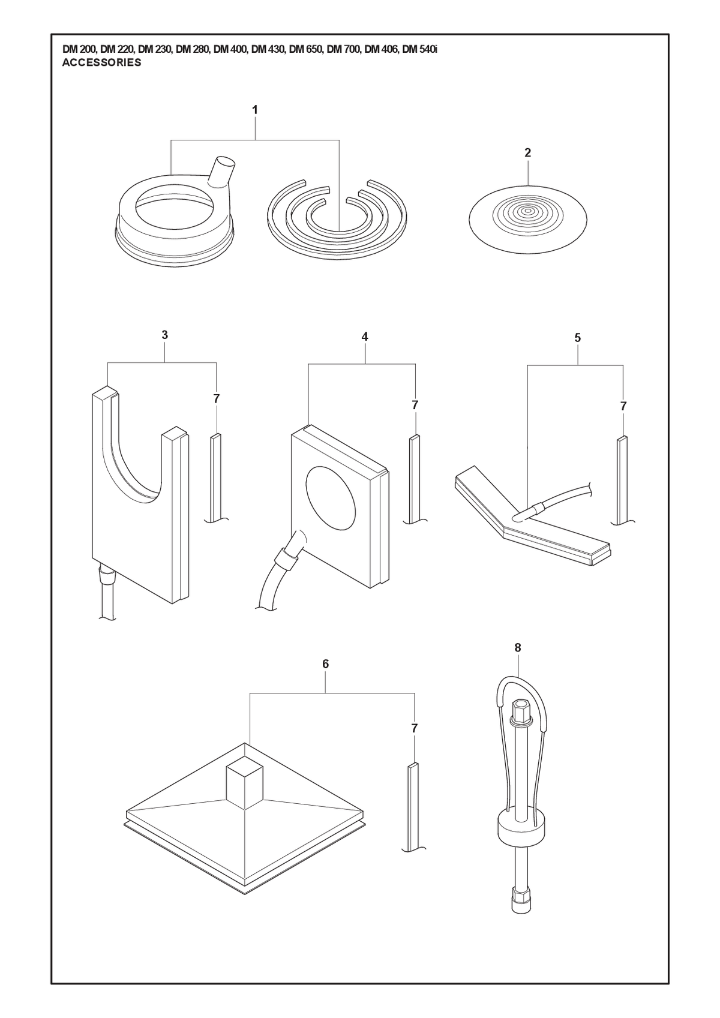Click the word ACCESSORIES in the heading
click(x=101, y=63)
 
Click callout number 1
click(x=255, y=110)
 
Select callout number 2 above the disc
click(x=528, y=153)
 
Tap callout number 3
click(x=164, y=335)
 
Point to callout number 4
click(x=365, y=337)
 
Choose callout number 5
click(x=577, y=338)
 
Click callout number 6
click(x=325, y=664)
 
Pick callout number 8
click(x=518, y=648)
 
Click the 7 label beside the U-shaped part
click(x=217, y=398)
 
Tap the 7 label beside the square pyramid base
click(x=414, y=728)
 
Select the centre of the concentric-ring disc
click(x=527, y=211)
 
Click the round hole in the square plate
click(x=331, y=498)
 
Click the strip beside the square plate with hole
click(x=415, y=479)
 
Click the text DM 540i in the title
click(x=420, y=50)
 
